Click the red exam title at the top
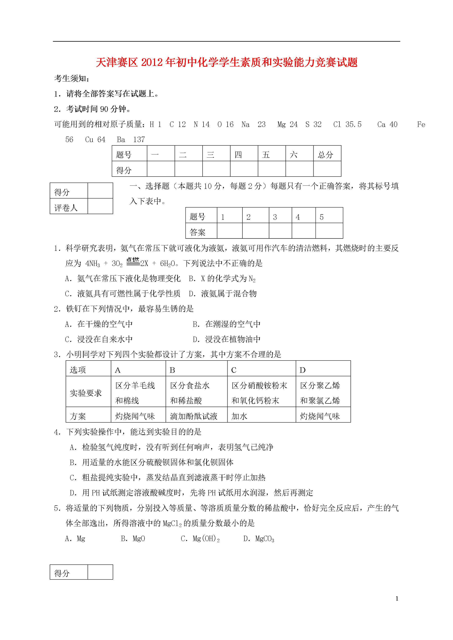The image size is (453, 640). [x=226, y=62]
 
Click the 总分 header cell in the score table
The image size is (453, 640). [x=326, y=155]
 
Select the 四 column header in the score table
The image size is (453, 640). [x=238, y=155]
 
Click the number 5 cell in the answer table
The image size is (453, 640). [x=322, y=217]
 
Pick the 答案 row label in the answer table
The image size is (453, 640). [x=198, y=232]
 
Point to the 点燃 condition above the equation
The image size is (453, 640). [x=133, y=260]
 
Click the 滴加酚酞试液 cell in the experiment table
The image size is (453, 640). [x=194, y=416]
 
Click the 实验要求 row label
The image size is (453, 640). [x=86, y=393]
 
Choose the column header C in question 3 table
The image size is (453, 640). [x=234, y=370]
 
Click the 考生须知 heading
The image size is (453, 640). [x=71, y=79]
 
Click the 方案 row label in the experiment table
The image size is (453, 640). [x=78, y=416]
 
